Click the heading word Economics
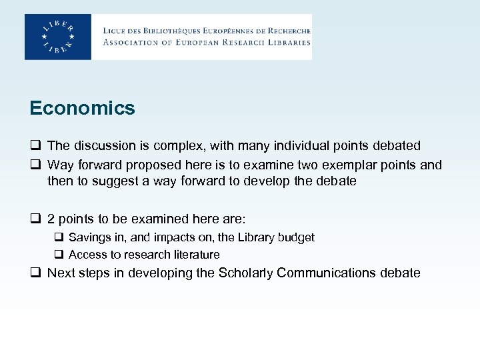tap(82, 108)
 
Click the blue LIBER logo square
tap(58, 37)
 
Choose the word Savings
tap(88, 237)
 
